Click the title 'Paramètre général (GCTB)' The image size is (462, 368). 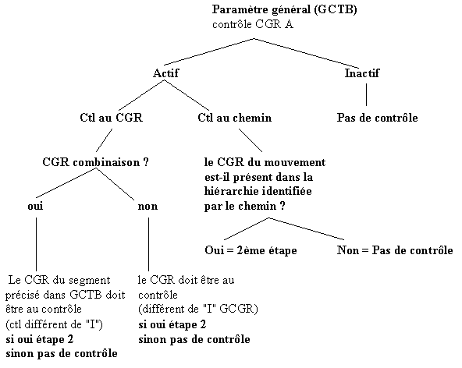[284, 10]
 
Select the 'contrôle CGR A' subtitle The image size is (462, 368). [253, 24]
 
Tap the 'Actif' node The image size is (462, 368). [165, 73]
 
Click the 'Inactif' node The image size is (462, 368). [362, 73]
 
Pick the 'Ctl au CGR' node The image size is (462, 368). [111, 118]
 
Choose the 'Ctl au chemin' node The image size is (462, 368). [235, 118]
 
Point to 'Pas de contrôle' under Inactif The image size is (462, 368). [378, 118]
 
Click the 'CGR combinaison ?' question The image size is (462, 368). [95, 162]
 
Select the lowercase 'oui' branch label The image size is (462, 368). [35, 206]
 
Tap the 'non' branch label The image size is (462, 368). [147, 206]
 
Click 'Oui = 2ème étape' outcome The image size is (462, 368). [251, 250]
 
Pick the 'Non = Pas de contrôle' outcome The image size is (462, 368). [395, 250]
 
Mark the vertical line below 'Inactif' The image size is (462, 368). [366, 94]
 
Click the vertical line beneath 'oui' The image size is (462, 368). [36, 244]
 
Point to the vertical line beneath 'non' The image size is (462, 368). [148, 244]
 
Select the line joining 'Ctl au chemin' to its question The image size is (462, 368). [251, 140]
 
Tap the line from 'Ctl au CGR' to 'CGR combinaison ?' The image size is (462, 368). [104, 140]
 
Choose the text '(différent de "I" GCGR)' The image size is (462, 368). [198, 309]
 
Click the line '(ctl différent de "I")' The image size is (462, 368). [54, 324]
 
